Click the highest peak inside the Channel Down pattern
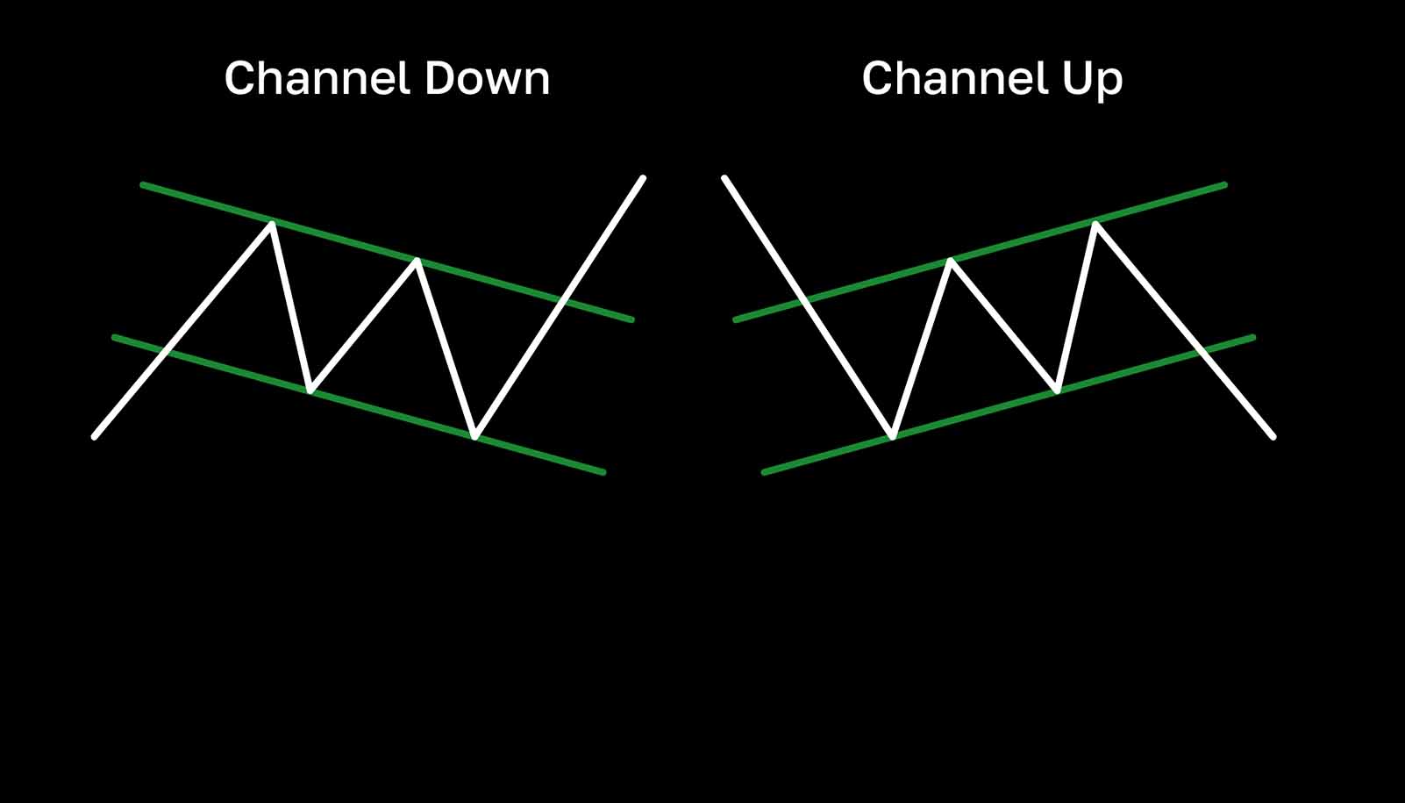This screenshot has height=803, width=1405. (x=273, y=224)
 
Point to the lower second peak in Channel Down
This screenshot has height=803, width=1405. (x=417, y=260)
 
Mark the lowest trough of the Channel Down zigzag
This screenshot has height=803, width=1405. (x=474, y=435)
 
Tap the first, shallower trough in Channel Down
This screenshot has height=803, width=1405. (x=310, y=390)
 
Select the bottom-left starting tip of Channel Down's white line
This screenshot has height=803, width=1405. (x=95, y=436)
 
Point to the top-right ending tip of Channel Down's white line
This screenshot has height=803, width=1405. (x=643, y=178)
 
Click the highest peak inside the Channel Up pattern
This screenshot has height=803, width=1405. (x=1095, y=224)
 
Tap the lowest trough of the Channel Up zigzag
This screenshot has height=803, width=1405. (x=892, y=435)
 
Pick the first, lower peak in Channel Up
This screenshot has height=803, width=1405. (x=951, y=260)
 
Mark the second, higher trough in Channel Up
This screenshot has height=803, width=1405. (x=1058, y=390)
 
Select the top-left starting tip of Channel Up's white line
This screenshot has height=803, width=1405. (x=724, y=178)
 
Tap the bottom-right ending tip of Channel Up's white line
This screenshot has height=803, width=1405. (x=1273, y=436)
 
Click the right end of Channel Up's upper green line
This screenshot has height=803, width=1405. (x=1224, y=185)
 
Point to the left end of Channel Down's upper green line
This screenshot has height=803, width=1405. (x=143, y=185)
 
